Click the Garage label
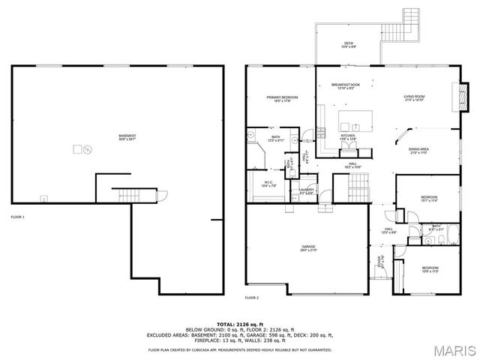(308, 248)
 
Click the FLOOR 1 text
(17, 217)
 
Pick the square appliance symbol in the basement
(77, 149)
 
